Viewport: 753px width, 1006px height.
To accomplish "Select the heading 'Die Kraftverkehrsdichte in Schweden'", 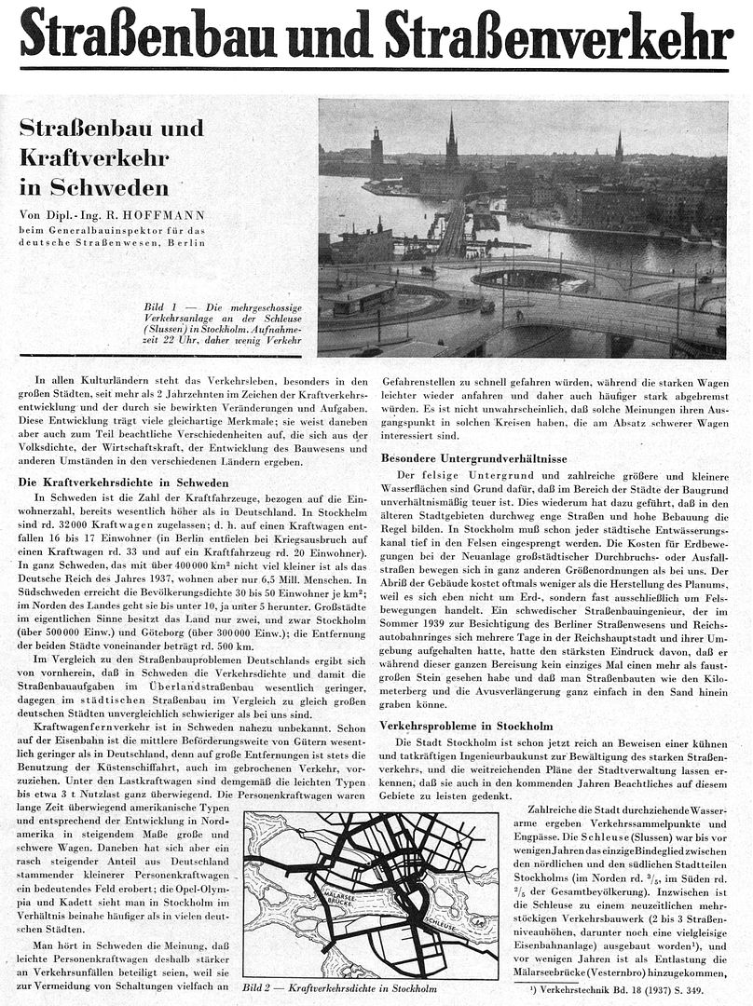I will [123, 483].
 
